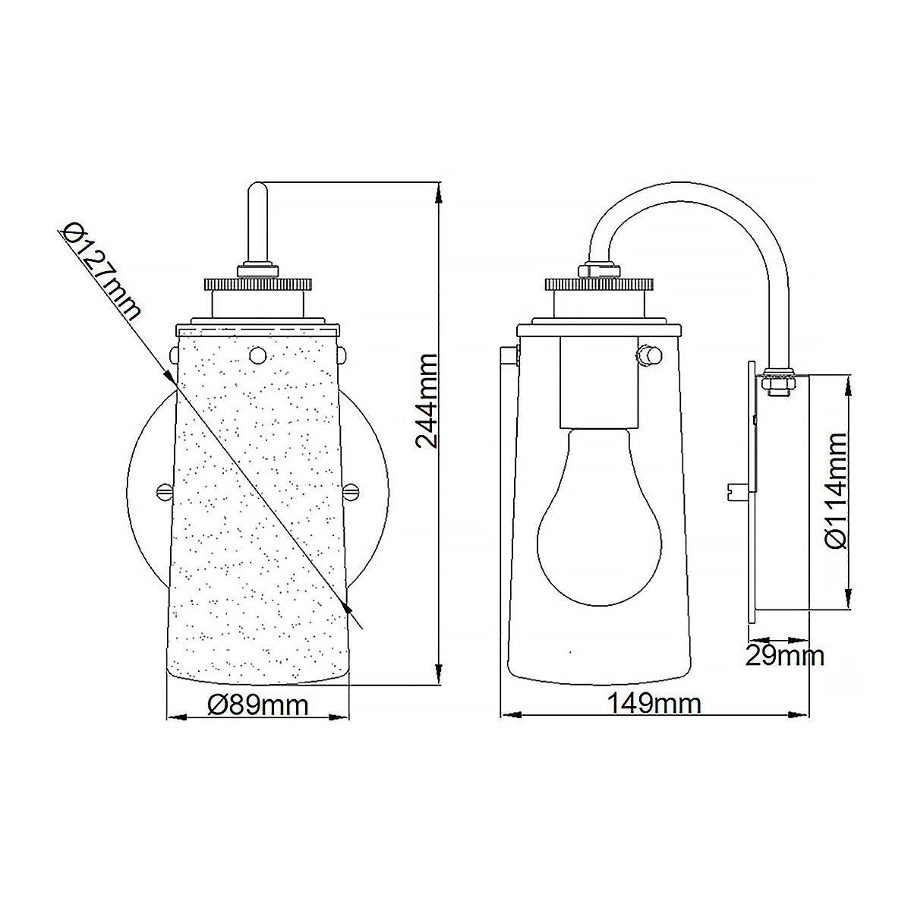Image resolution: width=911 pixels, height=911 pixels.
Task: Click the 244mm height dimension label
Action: (x=427, y=400)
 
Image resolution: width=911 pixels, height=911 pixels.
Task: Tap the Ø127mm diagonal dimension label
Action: (x=101, y=271)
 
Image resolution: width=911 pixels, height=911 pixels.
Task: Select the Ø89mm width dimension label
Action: (x=258, y=705)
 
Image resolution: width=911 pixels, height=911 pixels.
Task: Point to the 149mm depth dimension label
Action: (x=654, y=704)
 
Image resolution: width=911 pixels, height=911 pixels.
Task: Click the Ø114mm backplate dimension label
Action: (x=836, y=490)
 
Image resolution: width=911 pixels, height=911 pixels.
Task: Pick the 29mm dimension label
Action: (x=784, y=654)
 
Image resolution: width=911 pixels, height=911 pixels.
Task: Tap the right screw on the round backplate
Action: (x=351, y=491)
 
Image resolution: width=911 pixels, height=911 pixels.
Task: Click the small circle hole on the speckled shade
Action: (x=258, y=353)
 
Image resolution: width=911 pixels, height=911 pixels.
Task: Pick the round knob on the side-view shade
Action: (x=648, y=354)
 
